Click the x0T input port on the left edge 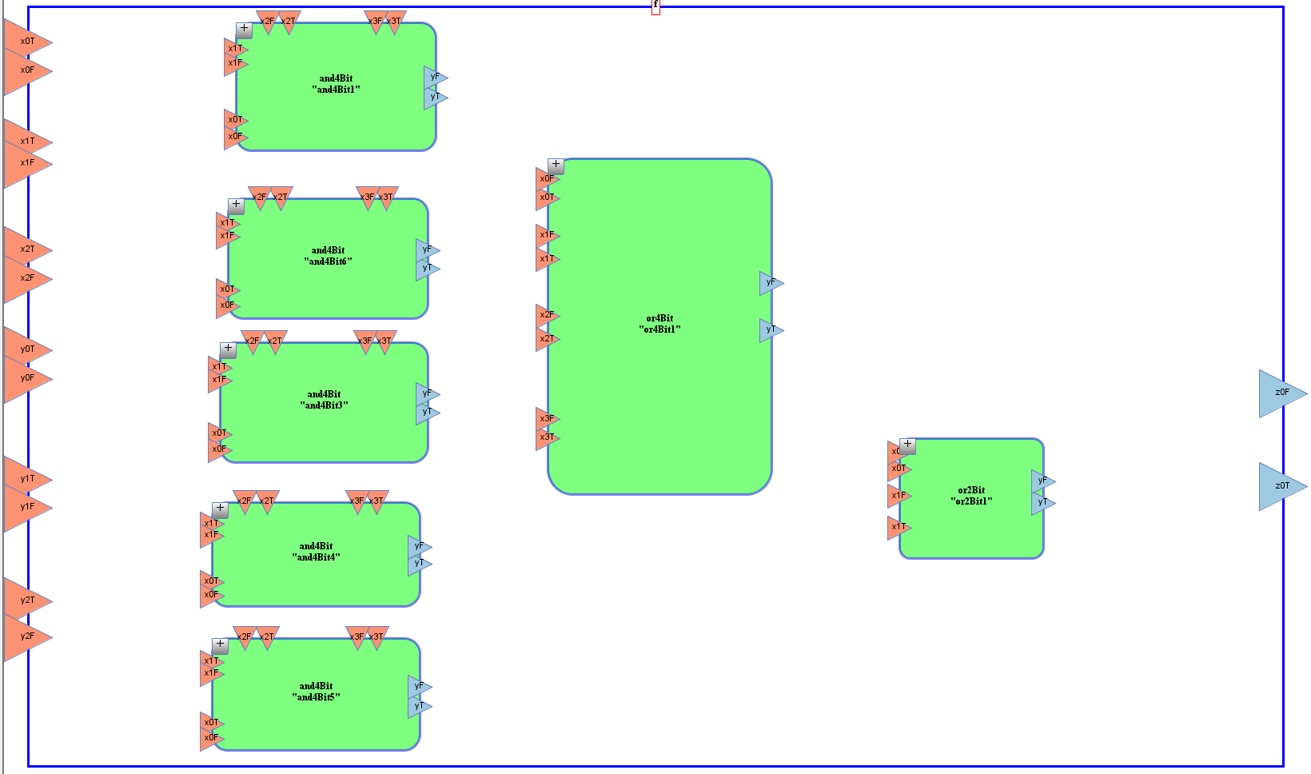click(x=27, y=42)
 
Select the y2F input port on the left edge click(x=27, y=636)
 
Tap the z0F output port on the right click(x=1281, y=393)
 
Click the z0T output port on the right click(x=1281, y=486)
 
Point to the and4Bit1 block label click(x=336, y=84)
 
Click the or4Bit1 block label click(x=659, y=324)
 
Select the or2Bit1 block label click(x=971, y=496)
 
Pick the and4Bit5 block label click(x=316, y=692)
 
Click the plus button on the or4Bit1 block click(x=556, y=166)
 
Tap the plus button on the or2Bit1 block click(x=907, y=445)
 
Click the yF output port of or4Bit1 click(x=771, y=282)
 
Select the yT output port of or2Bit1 click(x=1042, y=502)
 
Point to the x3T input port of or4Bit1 click(x=547, y=437)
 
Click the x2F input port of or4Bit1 click(x=547, y=315)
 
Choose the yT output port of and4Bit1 click(x=435, y=97)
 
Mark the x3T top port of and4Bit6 click(x=386, y=197)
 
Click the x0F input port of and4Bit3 click(x=219, y=449)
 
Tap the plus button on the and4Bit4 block click(x=220, y=509)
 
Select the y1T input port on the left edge click(x=27, y=479)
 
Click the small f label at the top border click(x=655, y=5)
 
